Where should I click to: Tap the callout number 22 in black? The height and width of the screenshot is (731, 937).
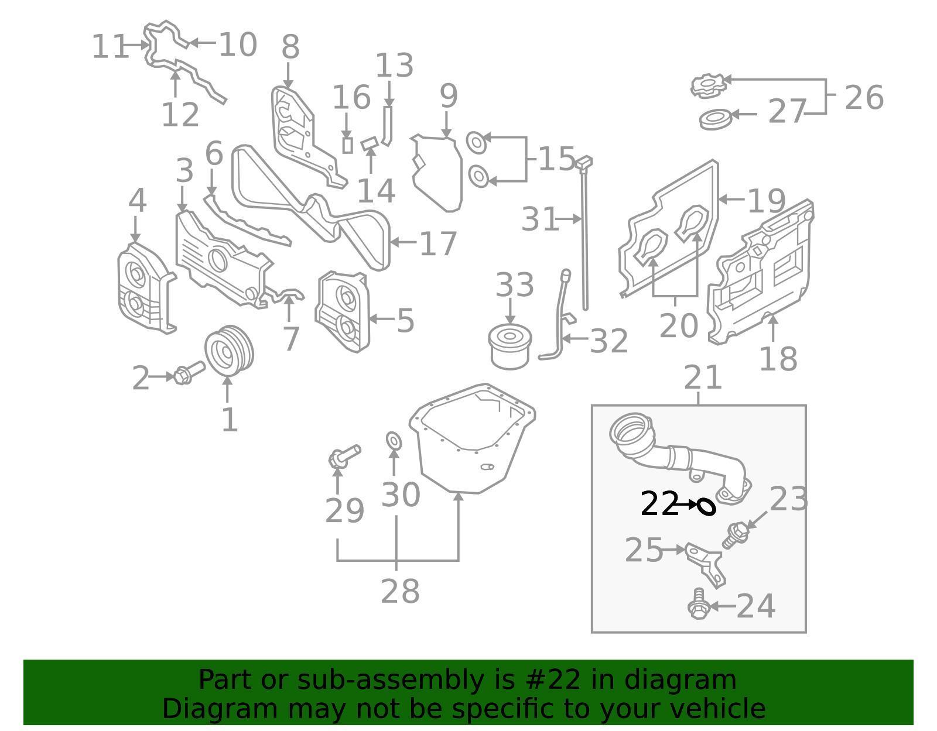(x=659, y=504)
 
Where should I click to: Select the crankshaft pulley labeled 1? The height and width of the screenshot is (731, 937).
(x=229, y=351)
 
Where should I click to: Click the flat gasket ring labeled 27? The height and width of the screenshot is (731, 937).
(x=716, y=119)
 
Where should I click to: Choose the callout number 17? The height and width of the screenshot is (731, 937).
(x=438, y=243)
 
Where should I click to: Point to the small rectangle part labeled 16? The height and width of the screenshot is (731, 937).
(x=347, y=145)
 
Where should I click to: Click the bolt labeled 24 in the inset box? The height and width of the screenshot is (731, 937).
(x=698, y=606)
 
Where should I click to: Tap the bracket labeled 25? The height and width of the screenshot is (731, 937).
(x=707, y=562)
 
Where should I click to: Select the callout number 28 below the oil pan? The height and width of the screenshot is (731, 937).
(x=400, y=591)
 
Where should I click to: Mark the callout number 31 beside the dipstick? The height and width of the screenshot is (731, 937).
(x=539, y=219)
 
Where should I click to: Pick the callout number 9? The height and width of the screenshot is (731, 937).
(x=448, y=95)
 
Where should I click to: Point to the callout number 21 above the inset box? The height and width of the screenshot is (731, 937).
(x=703, y=377)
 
